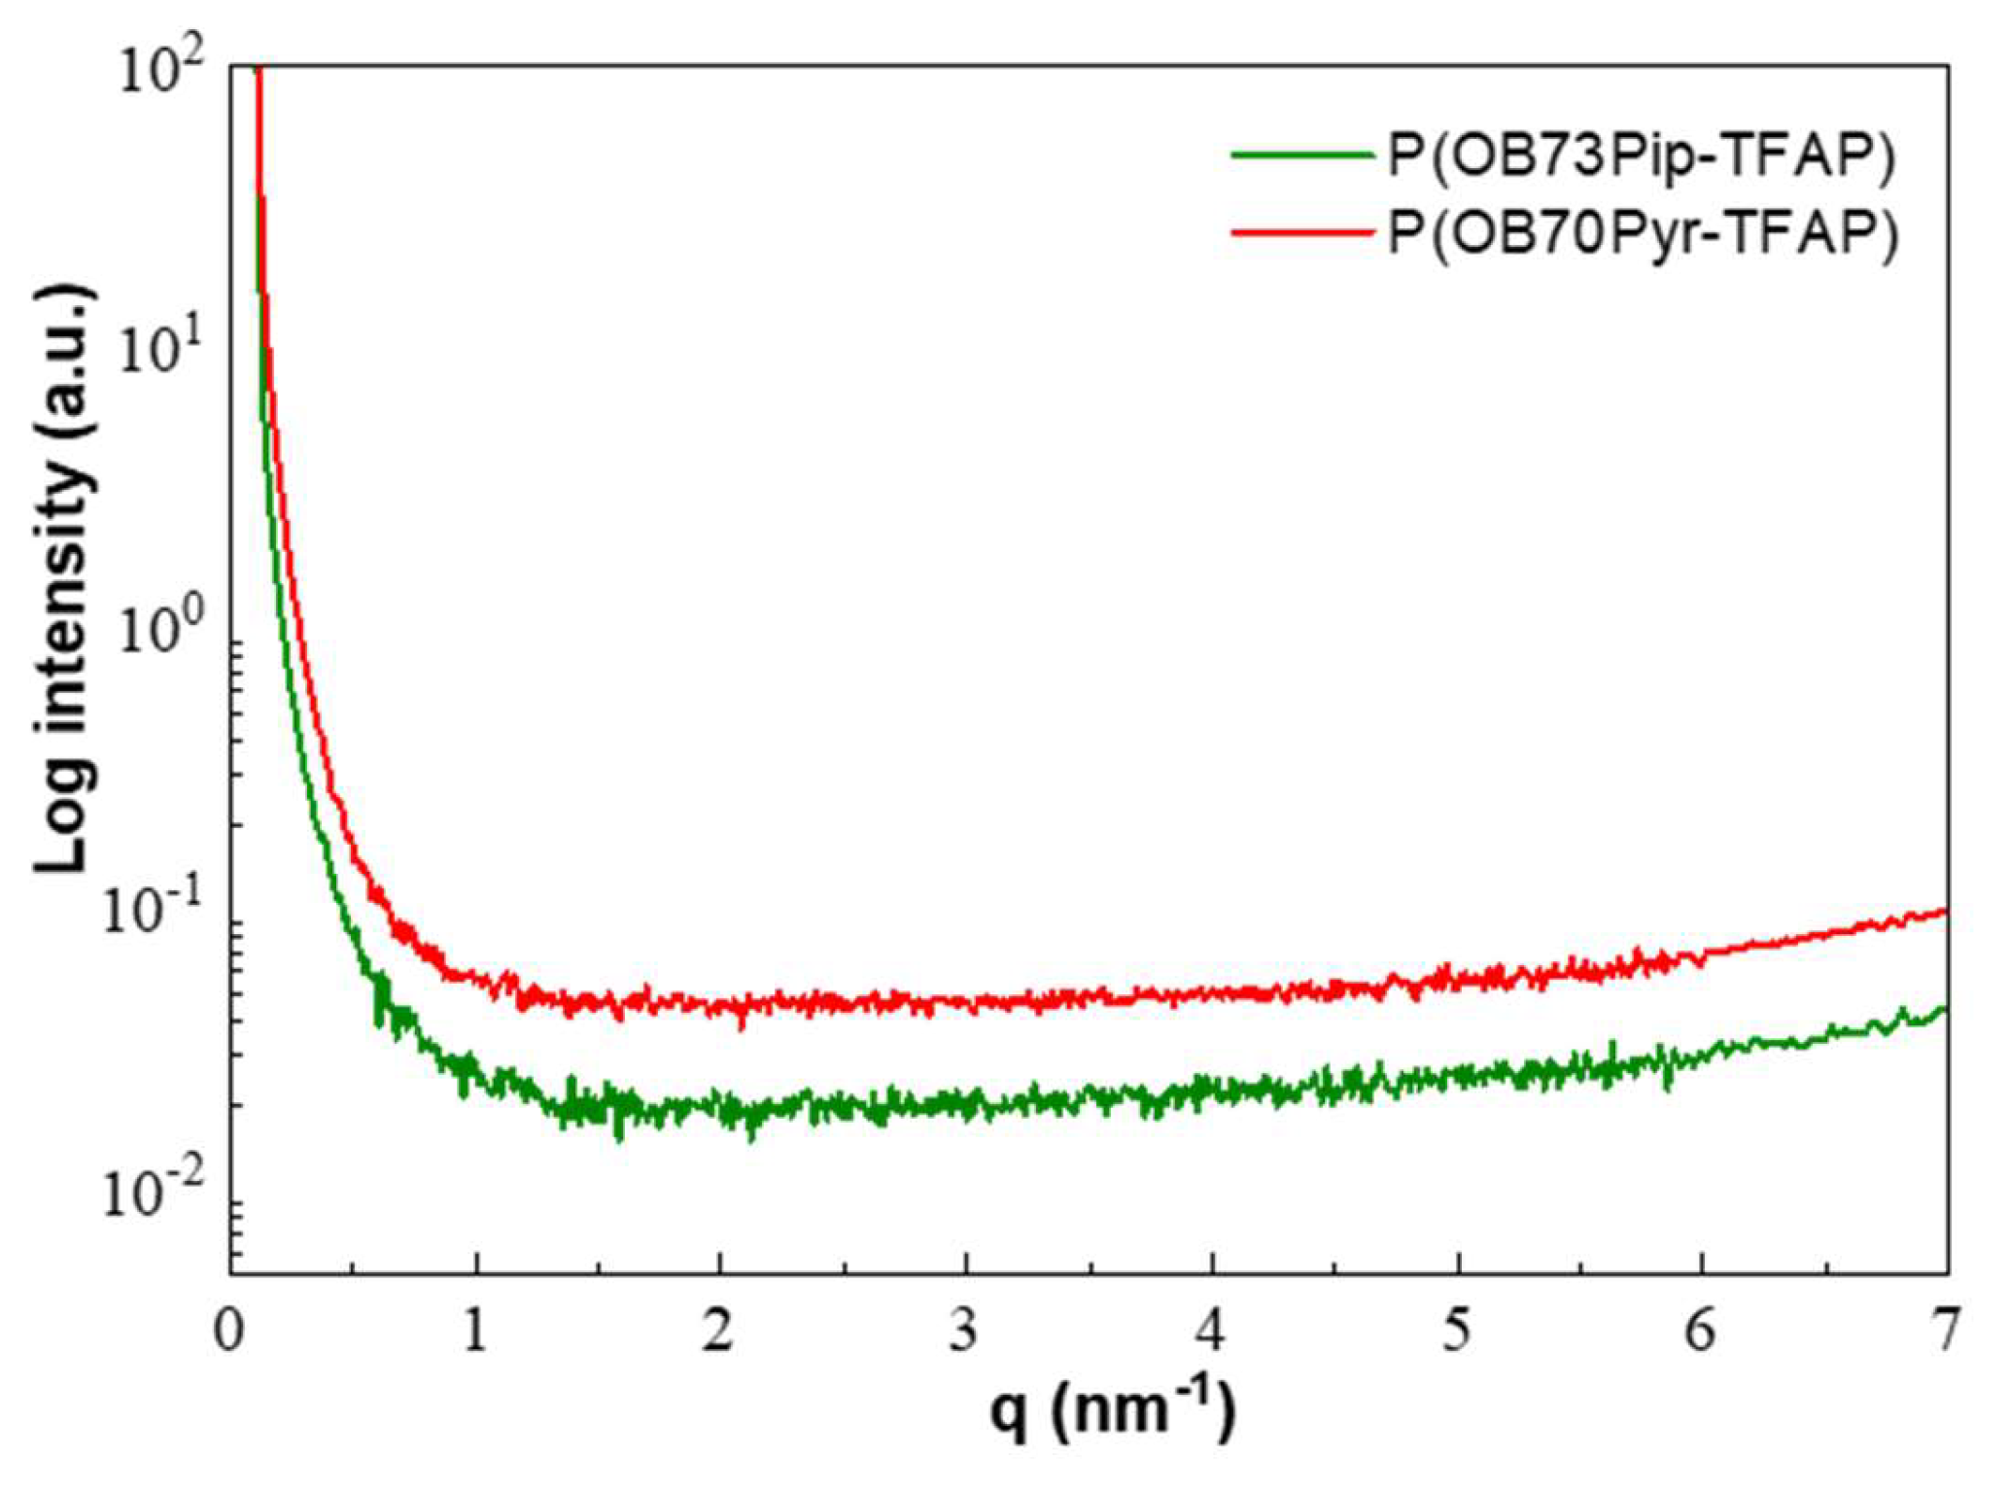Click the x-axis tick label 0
[x=229, y=1331]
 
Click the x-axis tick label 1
[x=475, y=1331]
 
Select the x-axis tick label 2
[x=718, y=1331]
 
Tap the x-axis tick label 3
[x=964, y=1331]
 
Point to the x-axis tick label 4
[x=1210, y=1331]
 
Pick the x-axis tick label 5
[x=1456, y=1331]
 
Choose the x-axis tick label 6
[x=1701, y=1331]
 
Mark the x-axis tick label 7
[x=1945, y=1331]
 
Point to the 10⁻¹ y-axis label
[x=156, y=916]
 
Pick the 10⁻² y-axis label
[x=156, y=1197]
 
